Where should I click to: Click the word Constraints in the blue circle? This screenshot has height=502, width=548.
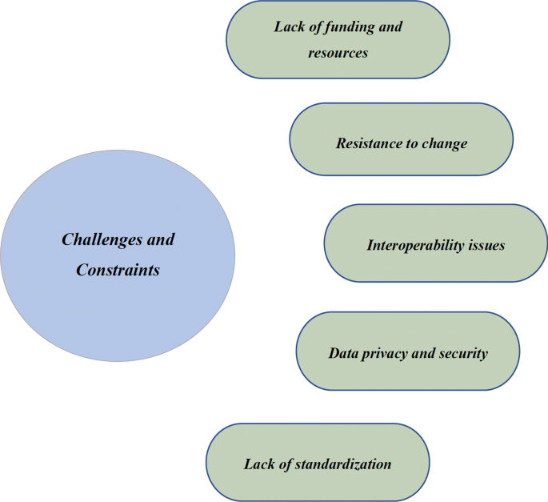point(118,271)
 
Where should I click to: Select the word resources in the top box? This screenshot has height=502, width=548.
point(338,53)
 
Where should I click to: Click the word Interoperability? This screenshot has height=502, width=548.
point(415,245)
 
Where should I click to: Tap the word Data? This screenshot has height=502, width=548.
point(342,353)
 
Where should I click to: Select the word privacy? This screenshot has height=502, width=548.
point(385,353)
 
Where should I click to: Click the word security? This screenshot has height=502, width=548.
point(462,353)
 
